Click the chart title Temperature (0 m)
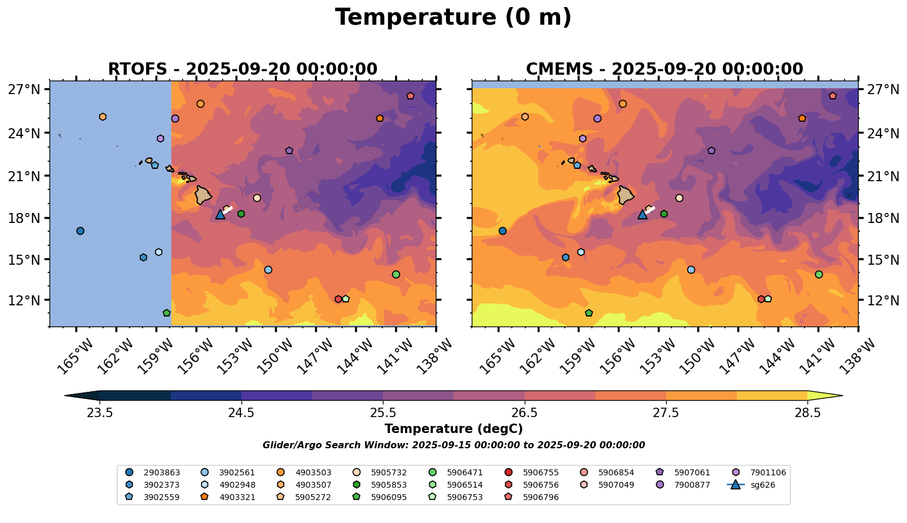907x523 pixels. click(453, 18)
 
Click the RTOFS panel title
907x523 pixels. click(242, 69)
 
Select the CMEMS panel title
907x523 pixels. click(664, 69)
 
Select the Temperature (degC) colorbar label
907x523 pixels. click(453, 429)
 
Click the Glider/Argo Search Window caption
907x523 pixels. click(453, 445)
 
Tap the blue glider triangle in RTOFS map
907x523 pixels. click(220, 215)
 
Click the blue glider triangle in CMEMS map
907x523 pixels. click(643, 215)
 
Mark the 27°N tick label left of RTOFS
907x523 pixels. click(24, 90)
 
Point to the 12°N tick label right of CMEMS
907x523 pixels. click(883, 300)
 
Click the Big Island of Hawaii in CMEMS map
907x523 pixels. click(625, 195)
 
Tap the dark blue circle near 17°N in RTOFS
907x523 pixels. click(80, 231)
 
